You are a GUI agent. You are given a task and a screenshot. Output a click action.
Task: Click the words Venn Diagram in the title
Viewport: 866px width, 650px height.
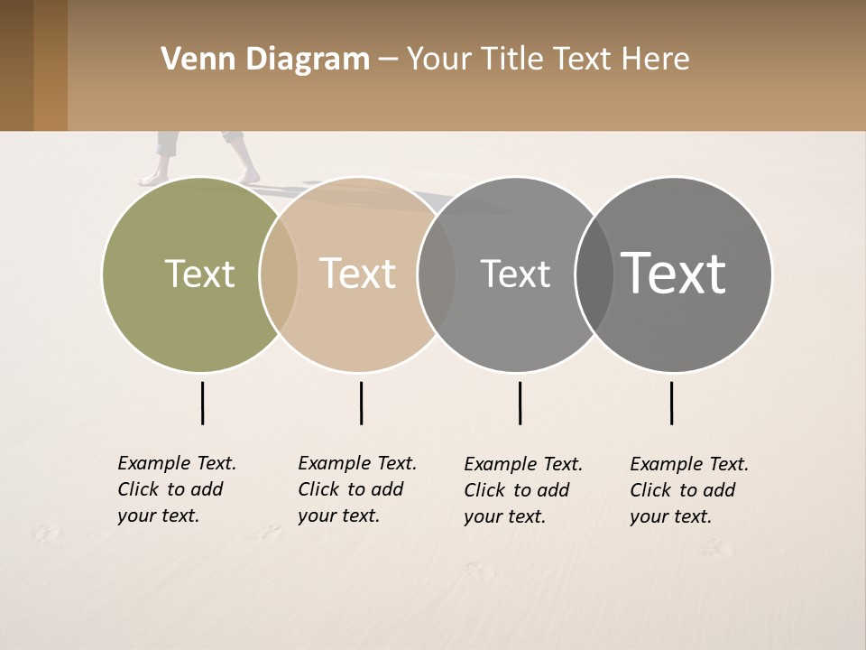tap(265, 60)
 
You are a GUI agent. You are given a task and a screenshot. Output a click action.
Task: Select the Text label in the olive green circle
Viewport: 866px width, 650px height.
tap(199, 274)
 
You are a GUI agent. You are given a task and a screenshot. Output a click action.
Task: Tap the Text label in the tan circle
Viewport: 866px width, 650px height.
tap(357, 274)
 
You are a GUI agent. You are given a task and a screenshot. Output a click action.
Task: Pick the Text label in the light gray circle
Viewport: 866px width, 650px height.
tap(515, 274)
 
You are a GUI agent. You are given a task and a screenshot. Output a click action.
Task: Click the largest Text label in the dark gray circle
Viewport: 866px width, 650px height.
tap(673, 273)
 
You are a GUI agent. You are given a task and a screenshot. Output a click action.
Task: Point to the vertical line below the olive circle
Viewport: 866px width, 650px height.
tap(202, 403)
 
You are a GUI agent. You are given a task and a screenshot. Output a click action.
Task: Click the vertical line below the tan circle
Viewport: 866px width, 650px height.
tap(361, 403)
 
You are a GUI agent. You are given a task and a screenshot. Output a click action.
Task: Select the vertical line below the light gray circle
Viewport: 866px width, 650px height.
tap(520, 403)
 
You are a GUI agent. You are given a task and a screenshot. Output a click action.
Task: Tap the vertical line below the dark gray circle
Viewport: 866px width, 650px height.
tap(671, 403)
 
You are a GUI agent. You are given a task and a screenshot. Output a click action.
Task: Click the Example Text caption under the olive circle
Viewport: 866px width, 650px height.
tap(177, 489)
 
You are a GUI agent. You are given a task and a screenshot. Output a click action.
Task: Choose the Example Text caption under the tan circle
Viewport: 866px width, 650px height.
tap(357, 489)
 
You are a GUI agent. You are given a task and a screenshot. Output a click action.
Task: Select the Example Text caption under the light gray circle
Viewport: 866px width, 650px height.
tap(523, 490)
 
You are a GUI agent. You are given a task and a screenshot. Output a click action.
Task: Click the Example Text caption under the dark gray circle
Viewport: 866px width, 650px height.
tap(689, 490)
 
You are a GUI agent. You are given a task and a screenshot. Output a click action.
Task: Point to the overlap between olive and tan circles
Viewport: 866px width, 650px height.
tap(279, 274)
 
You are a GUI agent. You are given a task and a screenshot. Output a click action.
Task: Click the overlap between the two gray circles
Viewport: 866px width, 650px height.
tap(594, 274)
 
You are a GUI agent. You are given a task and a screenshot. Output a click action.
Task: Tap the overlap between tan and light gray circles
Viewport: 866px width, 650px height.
tap(437, 274)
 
